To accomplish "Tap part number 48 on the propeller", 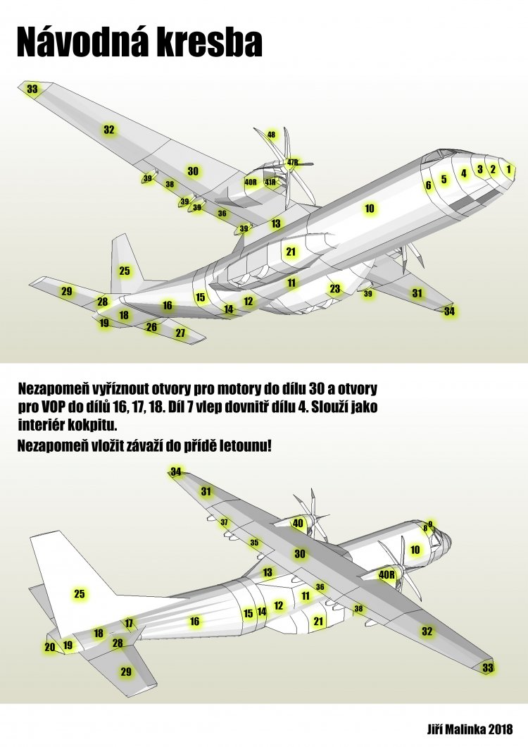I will [x=271, y=135].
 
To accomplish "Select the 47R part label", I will [x=293, y=163].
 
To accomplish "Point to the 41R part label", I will [x=270, y=183].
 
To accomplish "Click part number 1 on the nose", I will [x=509, y=169].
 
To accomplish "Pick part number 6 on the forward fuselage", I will [x=428, y=185].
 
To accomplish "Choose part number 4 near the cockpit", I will [x=463, y=173].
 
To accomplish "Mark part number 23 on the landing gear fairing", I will [x=334, y=288].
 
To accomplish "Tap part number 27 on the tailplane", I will [x=180, y=333].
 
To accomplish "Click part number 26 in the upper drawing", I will [x=151, y=327].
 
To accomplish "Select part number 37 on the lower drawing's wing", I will [x=225, y=523].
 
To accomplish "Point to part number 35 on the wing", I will [x=254, y=543].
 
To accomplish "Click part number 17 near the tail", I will [x=129, y=623].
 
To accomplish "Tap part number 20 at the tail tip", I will [x=49, y=647].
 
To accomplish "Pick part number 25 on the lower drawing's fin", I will [x=80, y=594].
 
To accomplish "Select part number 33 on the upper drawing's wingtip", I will [x=32, y=89].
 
